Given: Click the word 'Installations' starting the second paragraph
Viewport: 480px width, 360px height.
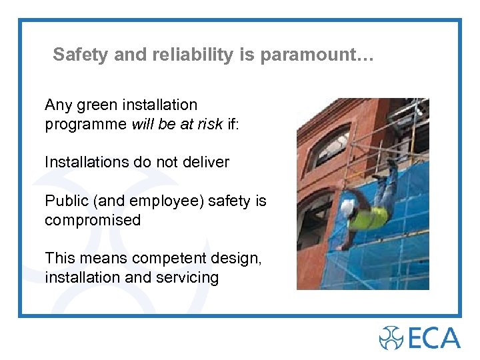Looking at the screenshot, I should [x=85, y=162].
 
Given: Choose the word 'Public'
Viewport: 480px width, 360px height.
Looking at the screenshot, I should [x=65, y=201].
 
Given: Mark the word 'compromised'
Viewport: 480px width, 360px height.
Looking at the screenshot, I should [x=93, y=220].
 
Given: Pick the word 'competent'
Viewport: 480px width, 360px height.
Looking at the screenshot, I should [x=165, y=258].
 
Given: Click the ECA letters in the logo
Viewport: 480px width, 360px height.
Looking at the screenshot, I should [x=433, y=337].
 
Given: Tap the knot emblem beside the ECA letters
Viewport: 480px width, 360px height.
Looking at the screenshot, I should [x=391, y=337].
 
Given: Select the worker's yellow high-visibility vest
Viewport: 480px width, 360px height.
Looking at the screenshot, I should [x=370, y=216].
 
